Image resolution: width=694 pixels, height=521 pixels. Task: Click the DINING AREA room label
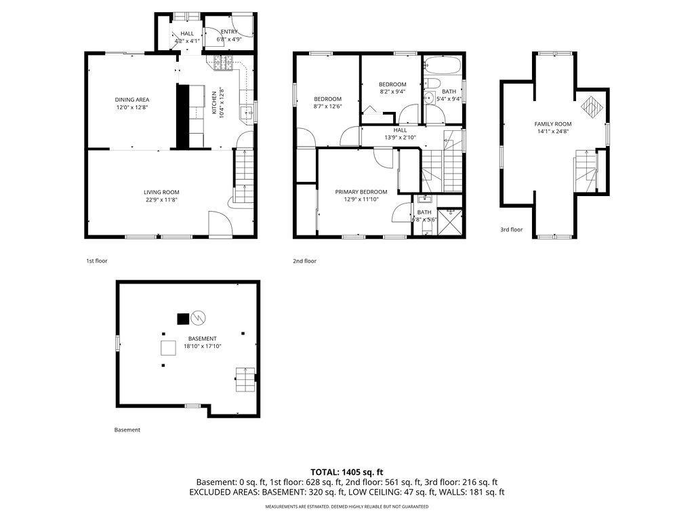[x=131, y=100]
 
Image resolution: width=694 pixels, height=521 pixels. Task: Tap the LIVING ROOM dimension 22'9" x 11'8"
[x=161, y=200]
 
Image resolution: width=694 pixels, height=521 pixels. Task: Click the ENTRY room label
[x=229, y=32]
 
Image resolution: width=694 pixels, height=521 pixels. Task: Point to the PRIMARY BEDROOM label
[x=361, y=192]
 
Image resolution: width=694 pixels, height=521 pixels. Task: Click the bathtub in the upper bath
[x=443, y=66]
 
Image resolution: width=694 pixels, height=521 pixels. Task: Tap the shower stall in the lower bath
[x=448, y=221]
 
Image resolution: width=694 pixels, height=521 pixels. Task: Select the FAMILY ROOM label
[x=552, y=124]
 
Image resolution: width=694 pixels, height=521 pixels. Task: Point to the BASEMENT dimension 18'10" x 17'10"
[x=202, y=346]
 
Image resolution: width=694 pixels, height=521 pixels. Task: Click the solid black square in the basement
[x=182, y=317]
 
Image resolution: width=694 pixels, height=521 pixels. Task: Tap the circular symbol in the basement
[x=199, y=317]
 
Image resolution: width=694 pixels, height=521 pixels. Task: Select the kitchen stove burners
[x=224, y=63]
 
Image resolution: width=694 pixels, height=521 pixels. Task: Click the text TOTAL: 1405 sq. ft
[x=347, y=471]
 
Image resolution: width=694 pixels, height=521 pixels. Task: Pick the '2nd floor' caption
[x=305, y=261]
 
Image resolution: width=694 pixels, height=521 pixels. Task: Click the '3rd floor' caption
[x=512, y=230]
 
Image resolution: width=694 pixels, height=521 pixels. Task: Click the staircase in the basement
[x=245, y=380]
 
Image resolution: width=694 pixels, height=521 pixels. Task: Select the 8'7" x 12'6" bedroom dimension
[x=327, y=106]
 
